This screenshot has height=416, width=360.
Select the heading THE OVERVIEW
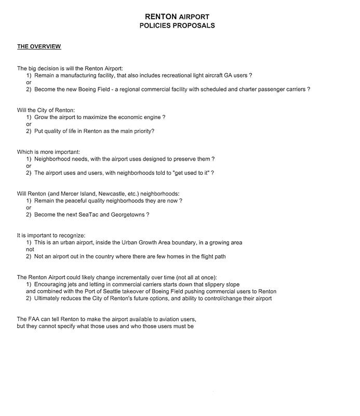[x=39, y=47]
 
